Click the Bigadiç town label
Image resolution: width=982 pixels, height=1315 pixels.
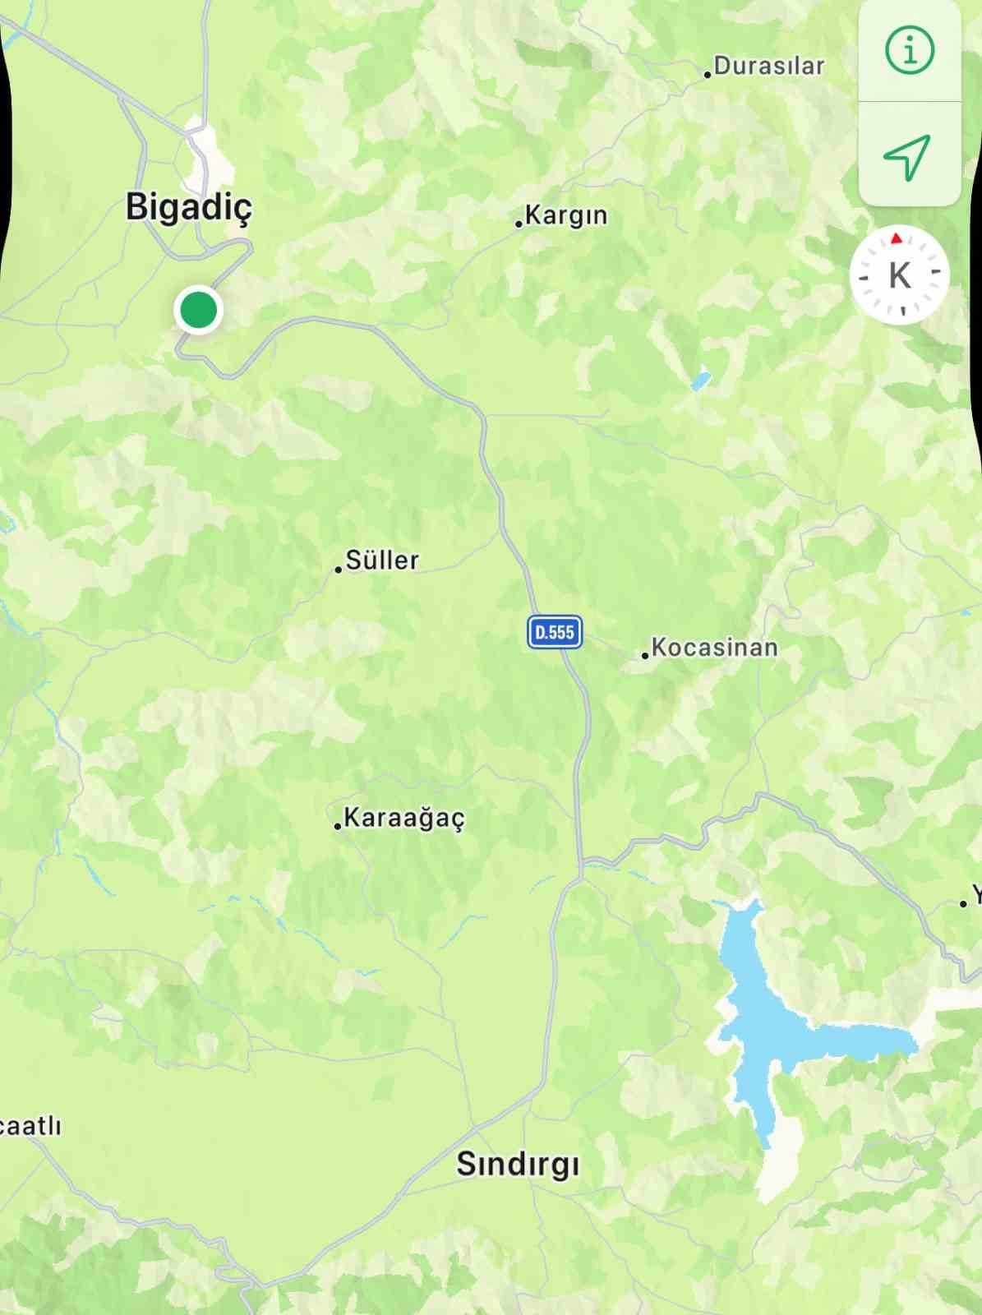click(189, 206)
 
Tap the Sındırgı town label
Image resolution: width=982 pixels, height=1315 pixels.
click(518, 1164)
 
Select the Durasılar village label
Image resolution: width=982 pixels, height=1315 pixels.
click(768, 66)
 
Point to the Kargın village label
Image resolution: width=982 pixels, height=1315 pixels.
click(566, 215)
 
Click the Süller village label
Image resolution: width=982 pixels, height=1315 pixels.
click(382, 561)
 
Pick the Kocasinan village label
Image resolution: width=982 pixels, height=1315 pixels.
click(714, 648)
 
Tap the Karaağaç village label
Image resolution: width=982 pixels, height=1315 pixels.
click(403, 819)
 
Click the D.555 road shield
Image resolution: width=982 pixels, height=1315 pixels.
click(555, 632)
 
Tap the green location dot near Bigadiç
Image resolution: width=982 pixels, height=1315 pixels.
click(198, 311)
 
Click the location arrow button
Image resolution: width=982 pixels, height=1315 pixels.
click(908, 155)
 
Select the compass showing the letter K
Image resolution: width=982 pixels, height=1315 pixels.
click(900, 275)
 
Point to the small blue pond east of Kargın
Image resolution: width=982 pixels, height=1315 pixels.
click(700, 381)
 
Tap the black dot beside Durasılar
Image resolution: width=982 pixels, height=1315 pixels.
click(708, 75)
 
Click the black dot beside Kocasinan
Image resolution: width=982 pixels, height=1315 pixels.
click(645, 656)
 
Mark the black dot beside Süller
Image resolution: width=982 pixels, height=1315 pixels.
click(338, 569)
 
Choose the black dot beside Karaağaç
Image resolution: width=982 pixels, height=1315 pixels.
click(337, 826)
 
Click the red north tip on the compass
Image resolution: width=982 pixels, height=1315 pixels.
click(897, 238)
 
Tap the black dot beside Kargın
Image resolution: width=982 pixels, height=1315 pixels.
click(519, 223)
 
